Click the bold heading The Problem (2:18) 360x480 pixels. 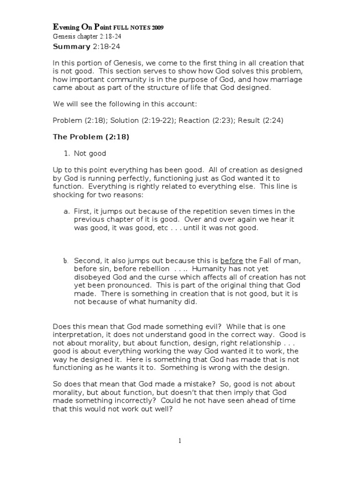click(x=91, y=136)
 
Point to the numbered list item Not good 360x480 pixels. click(x=90, y=153)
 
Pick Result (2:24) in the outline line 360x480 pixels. click(x=261, y=120)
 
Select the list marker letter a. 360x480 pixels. click(x=67, y=211)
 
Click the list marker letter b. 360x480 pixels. click(x=67, y=261)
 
